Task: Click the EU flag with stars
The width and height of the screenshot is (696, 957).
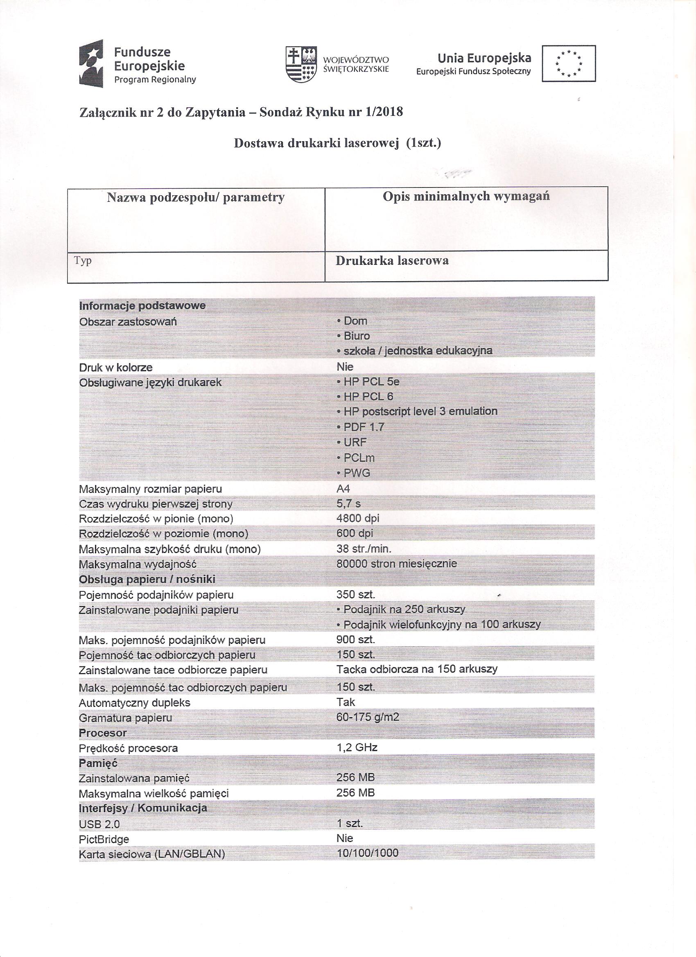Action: pyautogui.click(x=569, y=63)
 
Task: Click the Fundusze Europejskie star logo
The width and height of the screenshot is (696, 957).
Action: pyautogui.click(x=91, y=63)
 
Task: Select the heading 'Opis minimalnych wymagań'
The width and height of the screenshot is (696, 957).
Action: pyautogui.click(x=466, y=196)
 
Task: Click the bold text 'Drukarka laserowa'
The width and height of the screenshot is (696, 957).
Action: pyautogui.click(x=392, y=261)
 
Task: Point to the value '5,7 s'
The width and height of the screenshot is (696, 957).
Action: pyautogui.click(x=349, y=503)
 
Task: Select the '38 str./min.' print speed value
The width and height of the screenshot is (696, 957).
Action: pyautogui.click(x=364, y=548)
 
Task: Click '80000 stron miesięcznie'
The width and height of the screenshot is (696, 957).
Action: pyautogui.click(x=397, y=563)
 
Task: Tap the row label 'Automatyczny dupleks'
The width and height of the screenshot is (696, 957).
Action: pyautogui.click(x=134, y=703)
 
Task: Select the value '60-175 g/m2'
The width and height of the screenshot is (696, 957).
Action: pyautogui.click(x=368, y=717)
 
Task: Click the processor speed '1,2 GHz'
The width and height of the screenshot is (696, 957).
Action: pyautogui.click(x=357, y=748)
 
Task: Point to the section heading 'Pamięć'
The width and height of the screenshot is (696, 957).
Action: pyautogui.click(x=98, y=763)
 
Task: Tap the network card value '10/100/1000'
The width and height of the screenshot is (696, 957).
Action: pyautogui.click(x=367, y=853)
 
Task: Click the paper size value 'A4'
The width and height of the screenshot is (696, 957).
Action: pyautogui.click(x=343, y=489)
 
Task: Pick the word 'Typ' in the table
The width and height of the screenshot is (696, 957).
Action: pyautogui.click(x=83, y=261)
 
